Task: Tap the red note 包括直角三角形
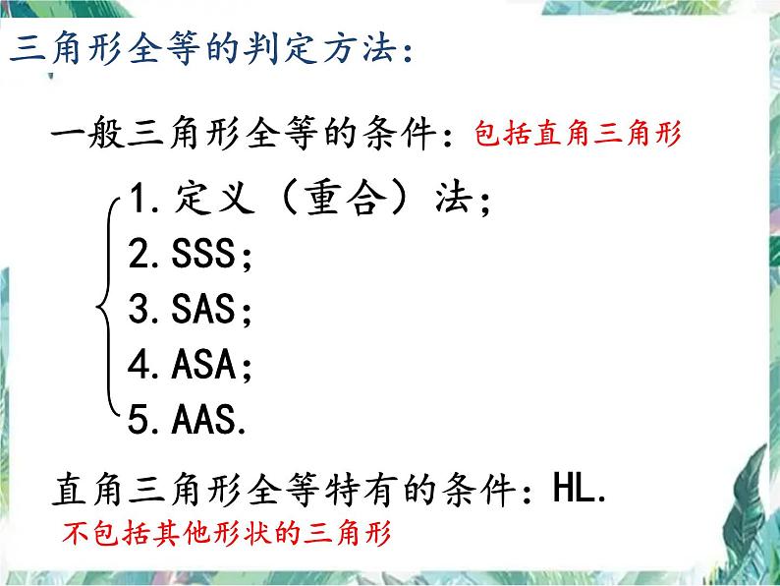(578, 134)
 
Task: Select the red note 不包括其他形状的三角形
(227, 533)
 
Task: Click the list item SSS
(203, 253)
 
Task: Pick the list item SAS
(203, 308)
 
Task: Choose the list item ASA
(203, 364)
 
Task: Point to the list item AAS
(203, 419)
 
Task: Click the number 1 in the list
(137, 198)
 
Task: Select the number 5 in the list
(139, 420)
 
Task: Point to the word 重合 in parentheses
(346, 198)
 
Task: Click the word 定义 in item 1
(214, 198)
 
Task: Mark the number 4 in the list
(139, 364)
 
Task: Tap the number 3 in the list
(139, 309)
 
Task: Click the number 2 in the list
(139, 253)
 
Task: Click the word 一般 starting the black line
(88, 133)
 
